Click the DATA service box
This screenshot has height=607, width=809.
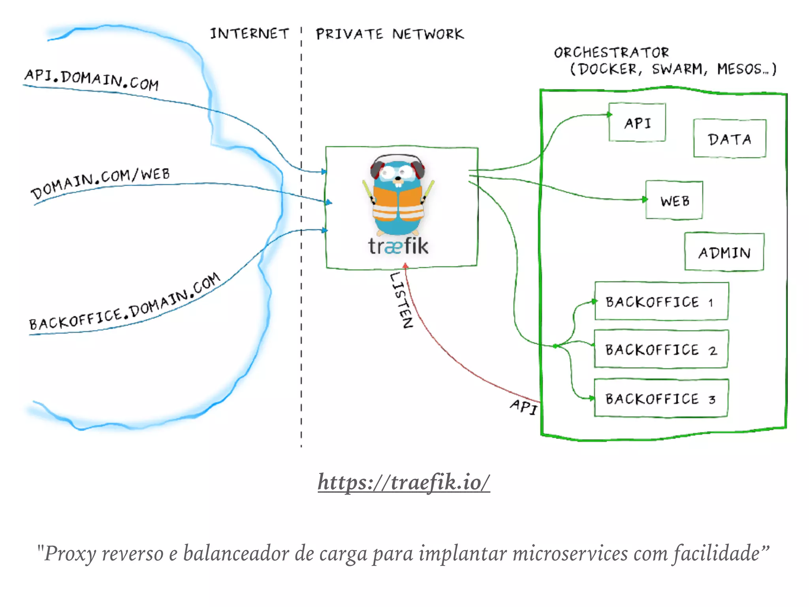click(x=729, y=139)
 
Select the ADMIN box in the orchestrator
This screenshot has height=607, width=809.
click(x=724, y=252)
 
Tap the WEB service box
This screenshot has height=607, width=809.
click(x=674, y=200)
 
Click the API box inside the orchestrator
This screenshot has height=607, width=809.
click(x=637, y=123)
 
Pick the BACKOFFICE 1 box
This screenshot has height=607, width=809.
click(x=661, y=302)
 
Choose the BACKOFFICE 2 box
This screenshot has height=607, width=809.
click(x=661, y=349)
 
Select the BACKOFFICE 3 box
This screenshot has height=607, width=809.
click(x=661, y=398)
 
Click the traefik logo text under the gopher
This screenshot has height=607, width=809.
click(x=398, y=246)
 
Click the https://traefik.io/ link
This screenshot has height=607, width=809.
click(x=404, y=482)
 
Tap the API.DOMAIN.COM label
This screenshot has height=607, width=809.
click(x=92, y=79)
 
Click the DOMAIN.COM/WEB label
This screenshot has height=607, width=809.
click(x=100, y=183)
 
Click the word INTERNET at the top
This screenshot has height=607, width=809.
click(x=249, y=34)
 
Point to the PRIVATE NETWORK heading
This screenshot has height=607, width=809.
click(x=389, y=34)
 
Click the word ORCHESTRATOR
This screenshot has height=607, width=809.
click(x=611, y=52)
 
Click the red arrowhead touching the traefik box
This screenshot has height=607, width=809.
click(x=405, y=266)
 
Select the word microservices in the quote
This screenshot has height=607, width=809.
click(x=570, y=553)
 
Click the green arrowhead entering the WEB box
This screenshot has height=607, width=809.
click(x=645, y=199)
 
